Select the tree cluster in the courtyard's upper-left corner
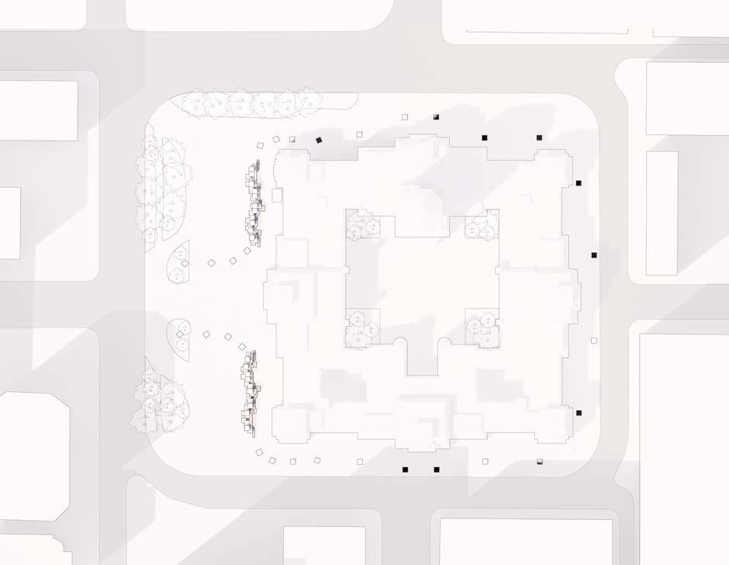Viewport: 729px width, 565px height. (x=361, y=225)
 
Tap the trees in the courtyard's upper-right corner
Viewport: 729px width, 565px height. (x=481, y=225)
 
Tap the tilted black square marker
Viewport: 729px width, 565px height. (x=319, y=140)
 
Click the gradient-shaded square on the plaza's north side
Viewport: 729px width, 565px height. (x=436, y=116)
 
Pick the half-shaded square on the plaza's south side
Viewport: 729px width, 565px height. (x=540, y=462)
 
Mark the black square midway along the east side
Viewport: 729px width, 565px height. (x=595, y=255)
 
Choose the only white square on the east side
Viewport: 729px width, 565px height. (x=594, y=341)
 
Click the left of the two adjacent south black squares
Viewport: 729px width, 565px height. (x=405, y=470)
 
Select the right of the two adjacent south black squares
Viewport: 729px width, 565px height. (x=436, y=470)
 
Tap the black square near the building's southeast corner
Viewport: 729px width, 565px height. (x=579, y=413)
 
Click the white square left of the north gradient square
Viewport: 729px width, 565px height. (x=405, y=117)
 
